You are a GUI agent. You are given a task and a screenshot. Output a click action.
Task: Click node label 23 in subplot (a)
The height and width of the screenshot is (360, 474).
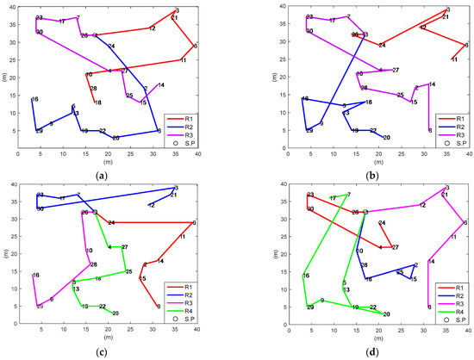click(40, 17)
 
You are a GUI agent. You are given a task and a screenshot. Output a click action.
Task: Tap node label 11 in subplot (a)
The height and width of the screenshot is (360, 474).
click(183, 60)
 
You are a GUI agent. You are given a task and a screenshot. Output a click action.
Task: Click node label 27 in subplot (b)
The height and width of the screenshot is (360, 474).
click(396, 70)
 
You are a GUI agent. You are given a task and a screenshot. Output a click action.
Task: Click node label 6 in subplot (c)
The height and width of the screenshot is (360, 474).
click(194, 223)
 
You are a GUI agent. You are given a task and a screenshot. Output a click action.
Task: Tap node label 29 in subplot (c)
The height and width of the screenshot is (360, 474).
click(40, 307)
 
